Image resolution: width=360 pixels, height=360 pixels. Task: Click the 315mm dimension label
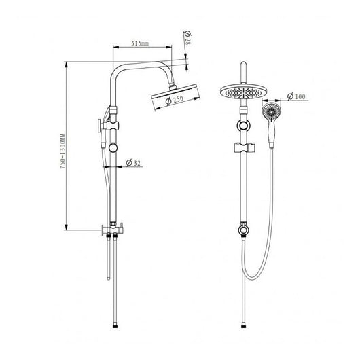(140, 43)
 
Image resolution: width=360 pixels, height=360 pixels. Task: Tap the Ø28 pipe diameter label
(187, 38)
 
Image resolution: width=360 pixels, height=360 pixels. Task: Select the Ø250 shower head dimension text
(175, 100)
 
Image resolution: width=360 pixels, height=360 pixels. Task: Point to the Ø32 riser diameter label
(133, 163)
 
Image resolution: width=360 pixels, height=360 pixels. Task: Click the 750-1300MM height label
(62, 151)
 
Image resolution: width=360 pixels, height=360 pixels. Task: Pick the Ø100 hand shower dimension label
(296, 96)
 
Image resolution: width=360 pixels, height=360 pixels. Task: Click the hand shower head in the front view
(271, 111)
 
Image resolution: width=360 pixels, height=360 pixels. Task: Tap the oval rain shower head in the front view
(243, 92)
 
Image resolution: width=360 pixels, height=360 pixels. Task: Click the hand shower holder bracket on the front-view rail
(244, 148)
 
